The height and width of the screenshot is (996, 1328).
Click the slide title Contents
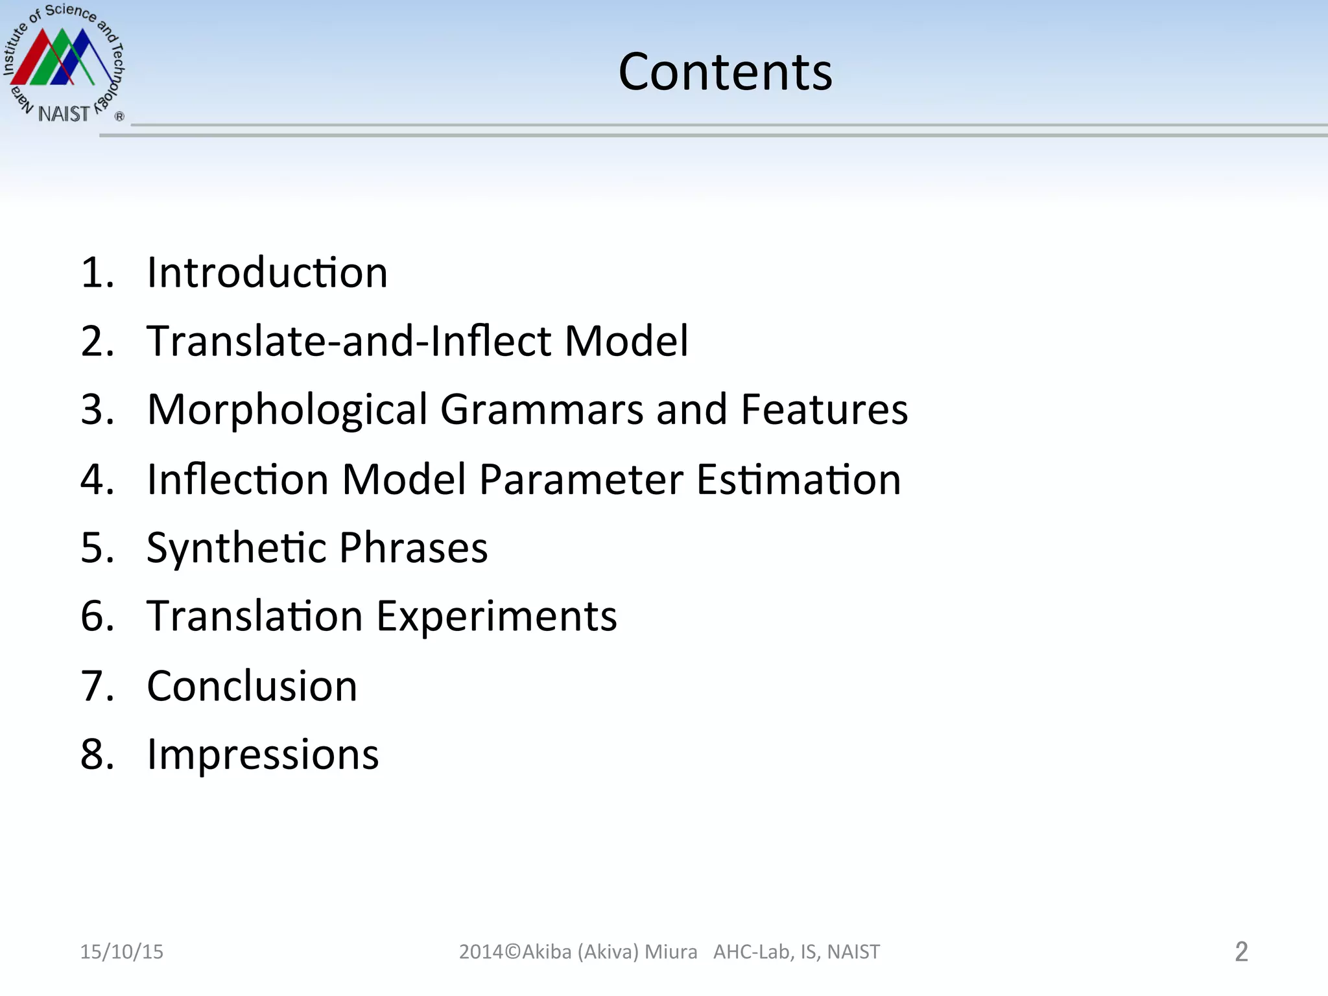click(725, 72)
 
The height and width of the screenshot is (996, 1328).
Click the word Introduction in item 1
click(267, 272)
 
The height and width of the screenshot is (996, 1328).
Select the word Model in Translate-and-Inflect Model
click(626, 341)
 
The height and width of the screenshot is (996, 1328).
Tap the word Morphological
click(287, 410)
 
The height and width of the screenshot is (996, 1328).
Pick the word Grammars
click(541, 410)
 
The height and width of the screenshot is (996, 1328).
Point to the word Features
click(824, 410)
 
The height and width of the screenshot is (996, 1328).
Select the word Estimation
click(799, 480)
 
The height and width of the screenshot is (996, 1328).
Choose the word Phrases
click(413, 548)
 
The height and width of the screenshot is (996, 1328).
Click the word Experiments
click(497, 617)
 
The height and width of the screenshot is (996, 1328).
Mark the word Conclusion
click(252, 686)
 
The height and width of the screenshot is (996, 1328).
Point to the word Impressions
click(263, 755)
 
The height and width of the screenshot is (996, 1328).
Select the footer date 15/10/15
click(122, 951)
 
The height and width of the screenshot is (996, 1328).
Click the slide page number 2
click(1241, 952)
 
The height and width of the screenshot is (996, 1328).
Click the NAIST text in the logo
click(64, 114)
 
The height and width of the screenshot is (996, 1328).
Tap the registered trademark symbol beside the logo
click(119, 117)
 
